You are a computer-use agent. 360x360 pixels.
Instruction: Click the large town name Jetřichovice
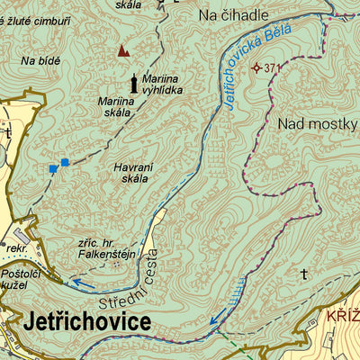click(88, 321)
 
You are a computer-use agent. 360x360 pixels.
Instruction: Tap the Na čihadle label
click(233, 16)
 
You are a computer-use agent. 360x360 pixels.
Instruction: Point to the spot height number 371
click(274, 67)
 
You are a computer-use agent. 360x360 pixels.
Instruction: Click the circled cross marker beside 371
click(256, 67)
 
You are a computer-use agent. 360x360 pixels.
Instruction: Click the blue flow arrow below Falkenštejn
click(83, 284)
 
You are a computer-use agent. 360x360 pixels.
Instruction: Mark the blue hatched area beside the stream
click(235, 291)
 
